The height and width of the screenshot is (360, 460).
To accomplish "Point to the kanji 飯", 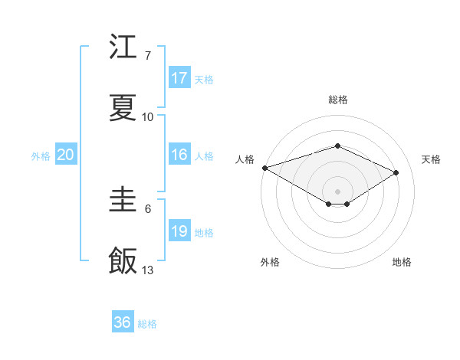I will click(x=123, y=260).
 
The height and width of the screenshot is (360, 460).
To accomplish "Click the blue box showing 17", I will click(x=179, y=77).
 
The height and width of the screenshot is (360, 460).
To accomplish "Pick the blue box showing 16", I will click(x=179, y=155).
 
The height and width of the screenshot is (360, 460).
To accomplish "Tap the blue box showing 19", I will click(x=179, y=231).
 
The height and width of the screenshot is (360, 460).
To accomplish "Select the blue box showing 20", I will click(x=66, y=155).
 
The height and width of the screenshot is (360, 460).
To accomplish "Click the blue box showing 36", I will click(x=123, y=322).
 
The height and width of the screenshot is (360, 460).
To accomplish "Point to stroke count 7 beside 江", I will click(x=147, y=56).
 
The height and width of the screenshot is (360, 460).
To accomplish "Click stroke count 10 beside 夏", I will click(x=148, y=117).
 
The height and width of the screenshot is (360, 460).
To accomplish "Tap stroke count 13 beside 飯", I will click(x=148, y=270).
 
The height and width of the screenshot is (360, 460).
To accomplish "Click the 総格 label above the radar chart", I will click(x=337, y=100).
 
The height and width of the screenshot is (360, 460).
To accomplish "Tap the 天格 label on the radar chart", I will click(x=431, y=159).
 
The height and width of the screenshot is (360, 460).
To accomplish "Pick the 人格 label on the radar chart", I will click(x=245, y=159).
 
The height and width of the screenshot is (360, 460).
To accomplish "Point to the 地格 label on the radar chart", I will click(x=402, y=262).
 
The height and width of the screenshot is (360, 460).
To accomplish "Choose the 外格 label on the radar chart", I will click(x=270, y=262).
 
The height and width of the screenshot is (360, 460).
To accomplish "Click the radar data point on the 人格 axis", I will click(x=264, y=167).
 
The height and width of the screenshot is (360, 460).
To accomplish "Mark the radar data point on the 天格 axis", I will click(x=396, y=172).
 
